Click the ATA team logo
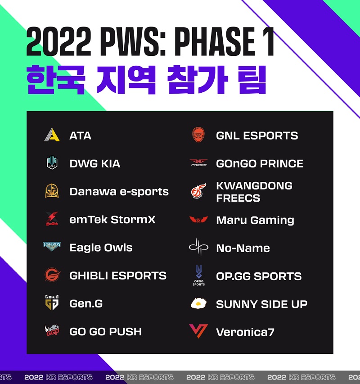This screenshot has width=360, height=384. coord(52,135)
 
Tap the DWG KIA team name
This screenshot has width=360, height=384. coord(94,163)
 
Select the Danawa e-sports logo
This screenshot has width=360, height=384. coord(52,191)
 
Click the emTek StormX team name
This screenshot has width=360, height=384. coord(112,219)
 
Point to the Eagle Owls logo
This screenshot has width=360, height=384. coord(52,247)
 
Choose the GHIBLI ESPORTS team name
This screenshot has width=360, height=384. coord(118,276)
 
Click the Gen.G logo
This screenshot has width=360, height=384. coord(52,303)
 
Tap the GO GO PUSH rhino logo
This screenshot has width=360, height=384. coord(52,330)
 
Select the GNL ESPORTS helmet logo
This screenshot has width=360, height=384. coord(198,135)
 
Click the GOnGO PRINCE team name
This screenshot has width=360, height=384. coord(260,163)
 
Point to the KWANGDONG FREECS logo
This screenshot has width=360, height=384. coord(198,191)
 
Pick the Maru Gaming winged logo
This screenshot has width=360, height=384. coord(198,220)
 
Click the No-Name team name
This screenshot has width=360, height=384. coord(243,248)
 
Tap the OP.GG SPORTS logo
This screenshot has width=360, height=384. coord(198,275)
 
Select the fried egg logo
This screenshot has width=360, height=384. coord(198,303)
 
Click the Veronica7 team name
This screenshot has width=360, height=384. coord(245,332)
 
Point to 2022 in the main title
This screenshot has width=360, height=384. coord(59,41)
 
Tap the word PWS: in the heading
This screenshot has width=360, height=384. coord(133,41)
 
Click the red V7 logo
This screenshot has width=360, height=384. coord(198,331)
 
